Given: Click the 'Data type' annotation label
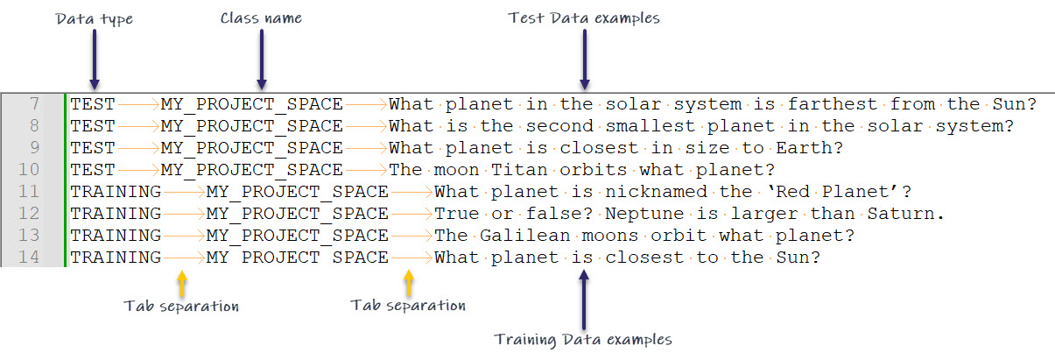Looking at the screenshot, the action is pos(95,19).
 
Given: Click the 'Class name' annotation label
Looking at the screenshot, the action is pos(261,18).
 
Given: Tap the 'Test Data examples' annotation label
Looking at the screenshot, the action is pos(584,18).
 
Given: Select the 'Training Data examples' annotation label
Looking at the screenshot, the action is pos(583,339).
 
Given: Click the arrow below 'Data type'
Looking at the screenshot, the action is pos(95,60).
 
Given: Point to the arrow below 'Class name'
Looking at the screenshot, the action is pos(262,60).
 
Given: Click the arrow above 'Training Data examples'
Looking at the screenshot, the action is pos(584,300).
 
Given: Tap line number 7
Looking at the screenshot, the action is pos(34,103).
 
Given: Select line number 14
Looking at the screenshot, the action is pos(29,258).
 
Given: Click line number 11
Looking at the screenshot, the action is pos(29,191).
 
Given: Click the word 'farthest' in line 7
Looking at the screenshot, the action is pos(833,103).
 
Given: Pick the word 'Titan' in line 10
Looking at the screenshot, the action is pos(519,170).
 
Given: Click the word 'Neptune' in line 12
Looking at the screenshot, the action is pos(644,214).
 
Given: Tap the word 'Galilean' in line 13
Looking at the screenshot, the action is pos(524,235).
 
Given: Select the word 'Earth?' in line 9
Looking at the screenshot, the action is pos(810,147).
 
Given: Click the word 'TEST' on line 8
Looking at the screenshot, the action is pos(93,126).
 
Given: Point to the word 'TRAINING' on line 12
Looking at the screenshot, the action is pos(116,214).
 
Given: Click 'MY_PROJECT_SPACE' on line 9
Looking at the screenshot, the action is pos(251,148).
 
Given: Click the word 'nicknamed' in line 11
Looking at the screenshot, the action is pos(656,191).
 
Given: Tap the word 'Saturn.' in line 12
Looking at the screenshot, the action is pos(905,214).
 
